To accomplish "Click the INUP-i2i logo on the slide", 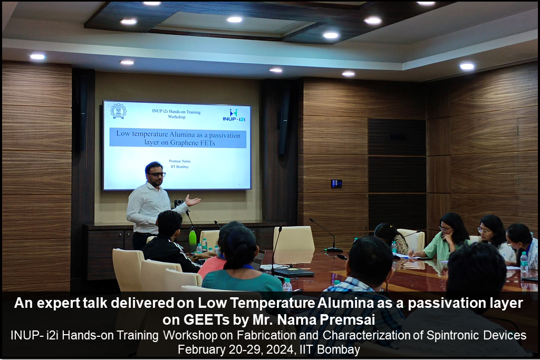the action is click(234, 115).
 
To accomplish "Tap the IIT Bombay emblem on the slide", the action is click(118, 111).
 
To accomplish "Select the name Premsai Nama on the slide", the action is click(179, 161).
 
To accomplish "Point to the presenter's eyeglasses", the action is click(157, 174).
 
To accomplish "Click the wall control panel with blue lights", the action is click(336, 183).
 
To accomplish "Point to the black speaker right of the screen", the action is click(284, 120).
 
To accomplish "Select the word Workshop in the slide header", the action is click(177, 117).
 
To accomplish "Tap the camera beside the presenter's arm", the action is click(178, 203).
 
